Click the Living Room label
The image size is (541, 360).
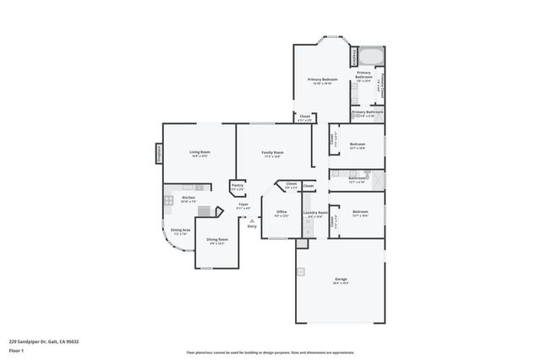pos(199,152)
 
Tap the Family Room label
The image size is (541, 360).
pos(273,153)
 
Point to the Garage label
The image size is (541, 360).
pos(340,280)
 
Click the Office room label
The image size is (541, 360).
pos(281,212)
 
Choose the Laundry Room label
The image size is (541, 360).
pos(315,213)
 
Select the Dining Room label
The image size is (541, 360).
pos(217,240)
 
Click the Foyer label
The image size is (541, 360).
pos(243,205)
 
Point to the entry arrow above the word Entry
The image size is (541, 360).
pos(251,220)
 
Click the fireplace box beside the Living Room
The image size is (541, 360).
pos(157,152)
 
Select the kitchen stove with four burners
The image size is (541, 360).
pos(169,200)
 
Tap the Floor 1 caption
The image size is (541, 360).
pos(16,349)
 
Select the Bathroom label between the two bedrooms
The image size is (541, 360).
pos(357,178)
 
